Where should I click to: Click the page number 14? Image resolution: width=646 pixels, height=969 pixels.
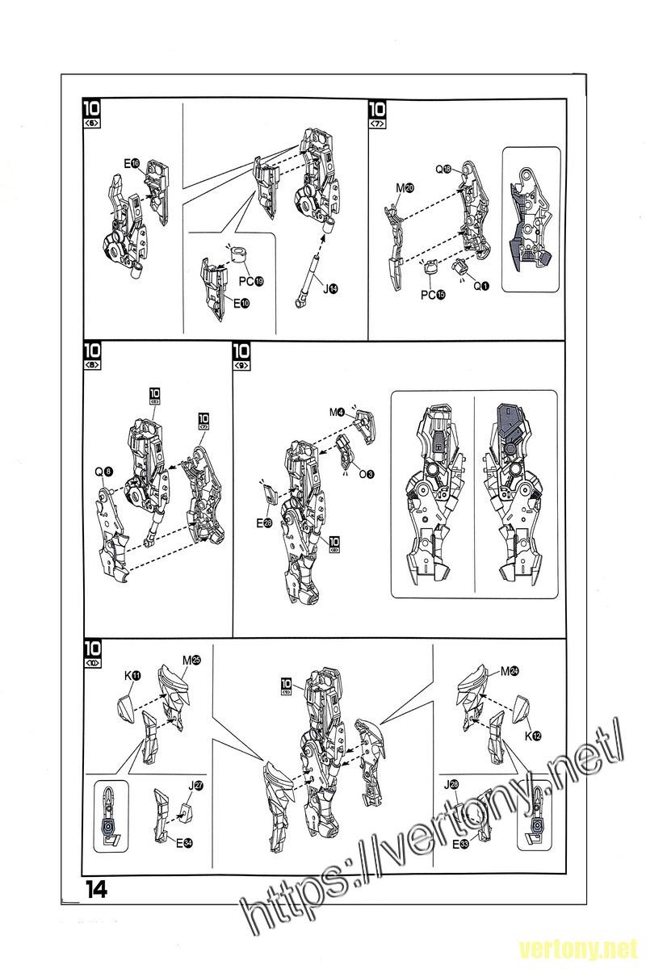[95, 889]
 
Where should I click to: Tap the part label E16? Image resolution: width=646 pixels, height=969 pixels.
[132, 164]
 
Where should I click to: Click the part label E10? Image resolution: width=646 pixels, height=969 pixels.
[241, 304]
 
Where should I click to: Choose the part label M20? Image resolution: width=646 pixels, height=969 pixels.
[405, 188]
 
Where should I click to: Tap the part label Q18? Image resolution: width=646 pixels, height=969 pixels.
[443, 170]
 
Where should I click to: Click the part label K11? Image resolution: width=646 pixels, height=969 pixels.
[132, 675]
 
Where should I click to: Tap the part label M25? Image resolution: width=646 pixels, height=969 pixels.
[191, 661]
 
